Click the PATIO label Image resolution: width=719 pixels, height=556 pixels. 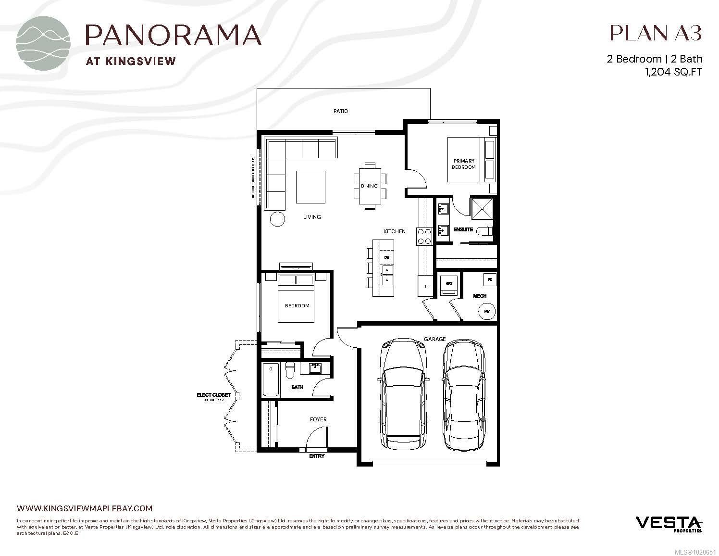(x=341, y=111)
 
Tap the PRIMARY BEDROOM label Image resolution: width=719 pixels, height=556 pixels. (x=463, y=164)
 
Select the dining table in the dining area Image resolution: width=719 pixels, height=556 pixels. (x=369, y=186)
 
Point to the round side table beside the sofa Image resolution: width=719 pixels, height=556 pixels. (x=277, y=219)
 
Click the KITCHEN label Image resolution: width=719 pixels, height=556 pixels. (x=394, y=231)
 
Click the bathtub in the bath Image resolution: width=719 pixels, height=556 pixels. (x=271, y=379)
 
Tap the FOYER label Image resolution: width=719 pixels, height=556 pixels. (x=318, y=419)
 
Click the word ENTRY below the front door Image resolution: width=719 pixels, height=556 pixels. (x=317, y=456)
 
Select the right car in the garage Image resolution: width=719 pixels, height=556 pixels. (x=464, y=395)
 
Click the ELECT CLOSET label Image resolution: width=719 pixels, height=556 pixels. (x=213, y=395)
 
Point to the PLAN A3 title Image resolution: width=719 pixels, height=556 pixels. (x=656, y=33)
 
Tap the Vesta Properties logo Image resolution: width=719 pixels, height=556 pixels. (x=669, y=524)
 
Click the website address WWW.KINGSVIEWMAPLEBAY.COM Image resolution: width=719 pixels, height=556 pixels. (x=85, y=508)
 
